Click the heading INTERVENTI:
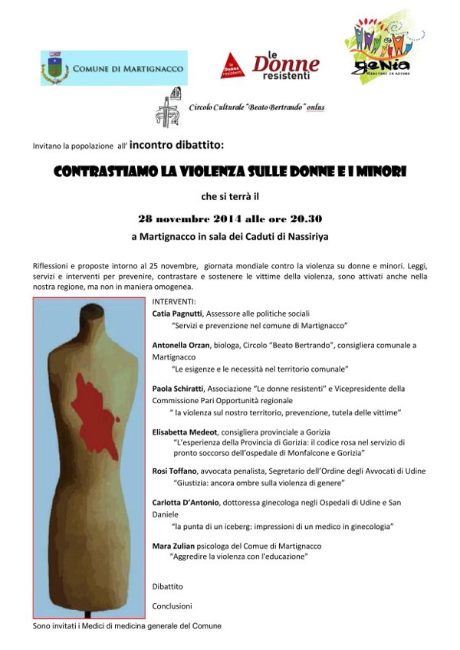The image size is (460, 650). click(x=174, y=301)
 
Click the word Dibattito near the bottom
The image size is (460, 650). click(x=168, y=586)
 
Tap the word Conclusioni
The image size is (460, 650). click(x=171, y=606)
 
